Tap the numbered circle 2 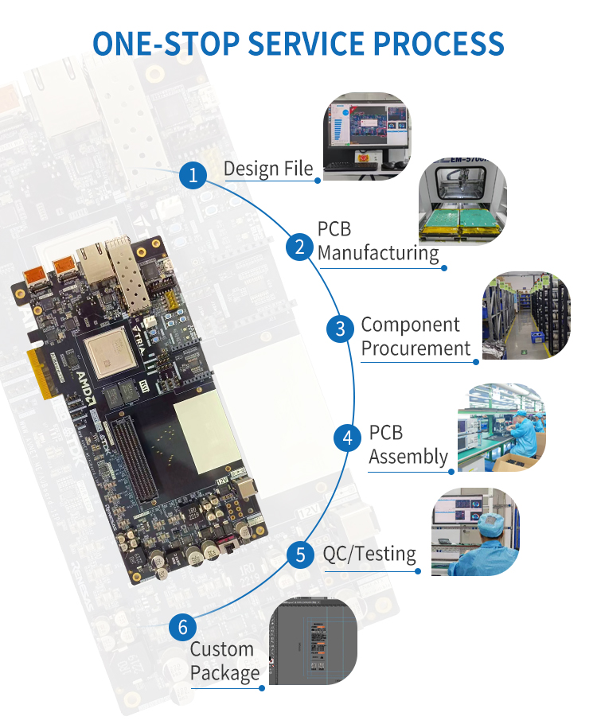click(x=299, y=247)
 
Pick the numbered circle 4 click(x=347, y=438)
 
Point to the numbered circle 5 click(x=300, y=555)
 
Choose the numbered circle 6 click(x=182, y=627)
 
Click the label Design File click(x=268, y=169)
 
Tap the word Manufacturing click(x=378, y=254)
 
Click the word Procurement click(x=416, y=348)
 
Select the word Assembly click(x=408, y=457)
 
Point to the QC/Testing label click(x=369, y=554)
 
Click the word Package click(x=225, y=673)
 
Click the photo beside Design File click(x=366, y=135)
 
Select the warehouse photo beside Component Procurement click(x=526, y=316)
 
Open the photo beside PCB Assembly click(x=501, y=428)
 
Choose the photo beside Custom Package click(x=312, y=640)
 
